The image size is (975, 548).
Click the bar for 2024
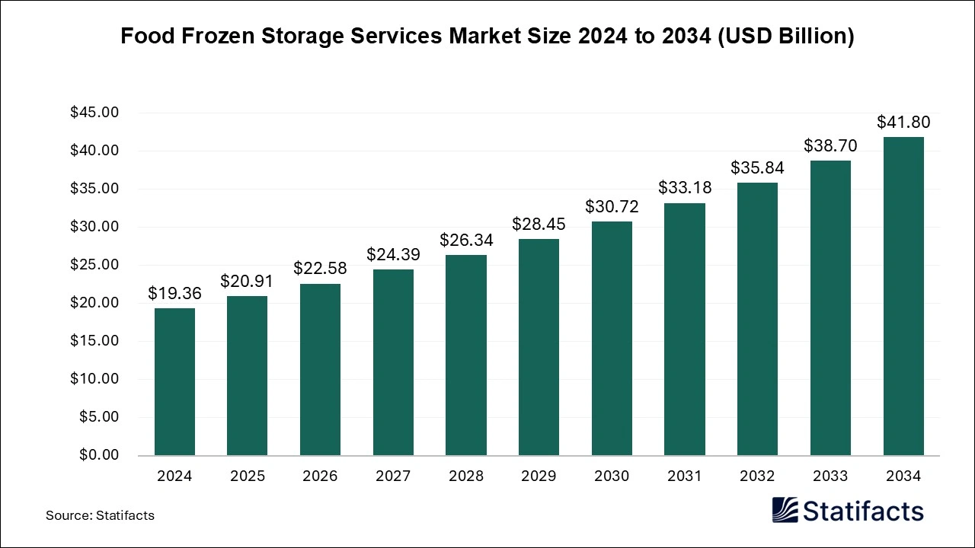point(174,381)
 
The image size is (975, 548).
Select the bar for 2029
point(539,347)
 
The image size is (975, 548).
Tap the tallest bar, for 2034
point(903,296)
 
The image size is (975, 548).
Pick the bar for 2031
point(684,329)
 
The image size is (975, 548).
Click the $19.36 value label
point(174,293)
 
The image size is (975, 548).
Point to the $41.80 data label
point(903,122)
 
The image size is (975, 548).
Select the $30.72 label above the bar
point(612,206)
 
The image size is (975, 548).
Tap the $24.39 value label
point(393,254)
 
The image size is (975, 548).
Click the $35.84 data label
point(757,167)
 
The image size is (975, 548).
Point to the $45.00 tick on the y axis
point(94,113)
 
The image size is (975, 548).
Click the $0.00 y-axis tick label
point(98,455)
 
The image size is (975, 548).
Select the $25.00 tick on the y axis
point(94,265)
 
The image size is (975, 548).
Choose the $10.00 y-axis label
point(94,379)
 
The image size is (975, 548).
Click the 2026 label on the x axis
point(320,476)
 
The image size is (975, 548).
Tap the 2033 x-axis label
point(830,476)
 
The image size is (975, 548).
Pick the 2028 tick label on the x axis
point(466,476)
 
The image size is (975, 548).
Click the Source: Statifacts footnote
point(100,515)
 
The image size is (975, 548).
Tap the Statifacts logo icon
point(784,510)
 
